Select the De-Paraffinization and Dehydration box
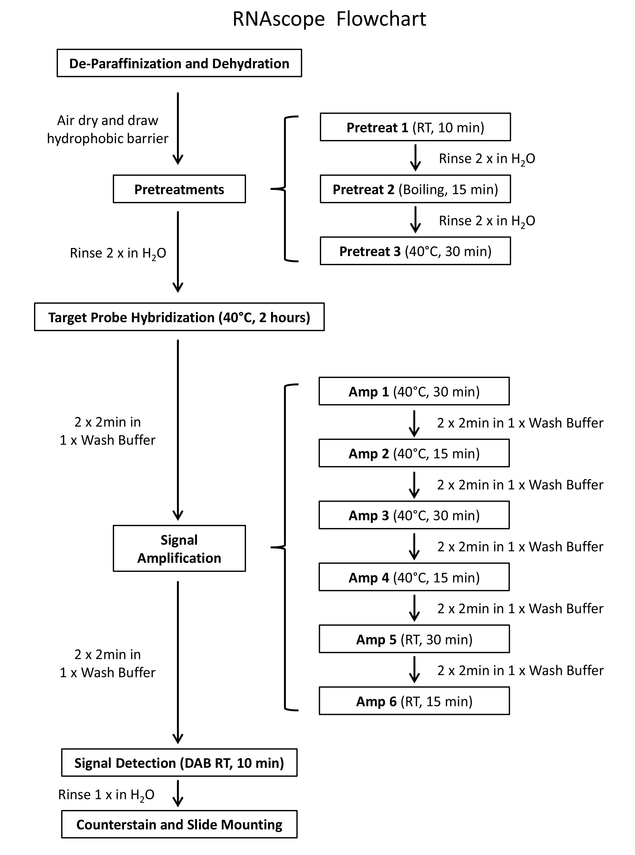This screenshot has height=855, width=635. coord(179,63)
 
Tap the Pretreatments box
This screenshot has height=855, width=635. coord(179,189)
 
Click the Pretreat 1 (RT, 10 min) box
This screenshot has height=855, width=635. coord(415,127)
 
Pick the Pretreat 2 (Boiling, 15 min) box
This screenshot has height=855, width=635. coord(415,189)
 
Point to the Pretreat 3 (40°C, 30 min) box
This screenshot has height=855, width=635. coord(415,251)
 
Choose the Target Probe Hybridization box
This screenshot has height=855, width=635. coord(179,317)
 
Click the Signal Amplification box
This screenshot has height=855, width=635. coord(179,548)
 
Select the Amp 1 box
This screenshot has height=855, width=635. coord(414,391)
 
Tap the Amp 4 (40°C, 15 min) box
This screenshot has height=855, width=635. coord(414,577)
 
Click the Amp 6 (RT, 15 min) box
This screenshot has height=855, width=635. coord(414,701)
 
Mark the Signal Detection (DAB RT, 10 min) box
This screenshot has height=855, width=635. coord(179,763)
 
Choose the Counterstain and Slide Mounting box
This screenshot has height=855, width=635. coord(179,825)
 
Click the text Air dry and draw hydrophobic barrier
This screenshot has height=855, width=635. coord(108,129)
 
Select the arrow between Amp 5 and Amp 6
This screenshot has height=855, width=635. coord(414,670)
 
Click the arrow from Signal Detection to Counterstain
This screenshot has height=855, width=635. coord(178,793)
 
